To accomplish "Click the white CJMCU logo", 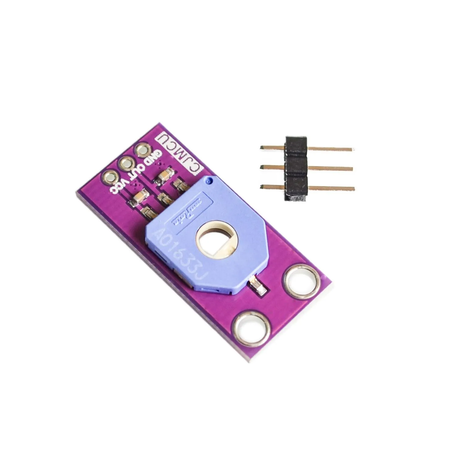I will [176, 149].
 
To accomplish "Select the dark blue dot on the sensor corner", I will [208, 182].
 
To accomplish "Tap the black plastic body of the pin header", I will [296, 167].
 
